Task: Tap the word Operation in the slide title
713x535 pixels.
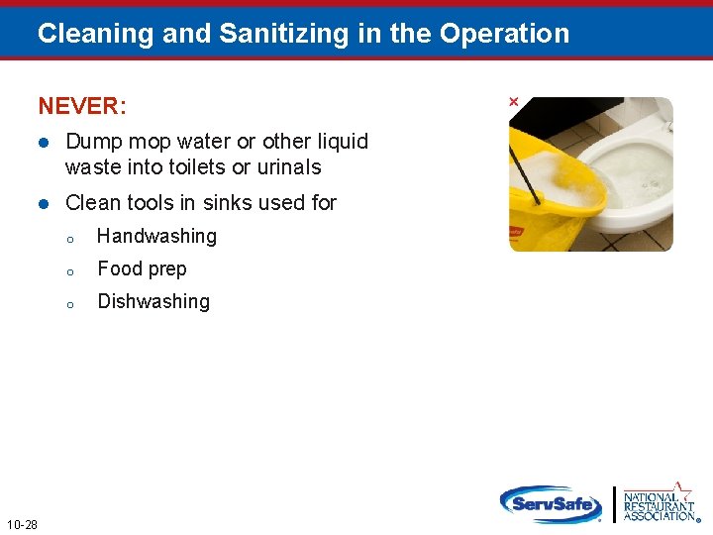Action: click(504, 34)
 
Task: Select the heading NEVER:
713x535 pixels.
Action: click(82, 105)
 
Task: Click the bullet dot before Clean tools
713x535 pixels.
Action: click(44, 203)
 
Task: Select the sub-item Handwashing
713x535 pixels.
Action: click(156, 236)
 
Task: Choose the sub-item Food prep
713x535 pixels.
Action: click(142, 268)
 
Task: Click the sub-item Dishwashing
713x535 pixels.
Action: click(153, 301)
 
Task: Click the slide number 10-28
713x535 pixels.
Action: click(22, 524)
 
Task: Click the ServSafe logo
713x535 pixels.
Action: click(551, 504)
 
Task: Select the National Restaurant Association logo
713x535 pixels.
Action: click(659, 503)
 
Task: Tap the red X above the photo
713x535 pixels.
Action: click(513, 102)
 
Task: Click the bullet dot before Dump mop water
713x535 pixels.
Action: click(44, 142)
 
